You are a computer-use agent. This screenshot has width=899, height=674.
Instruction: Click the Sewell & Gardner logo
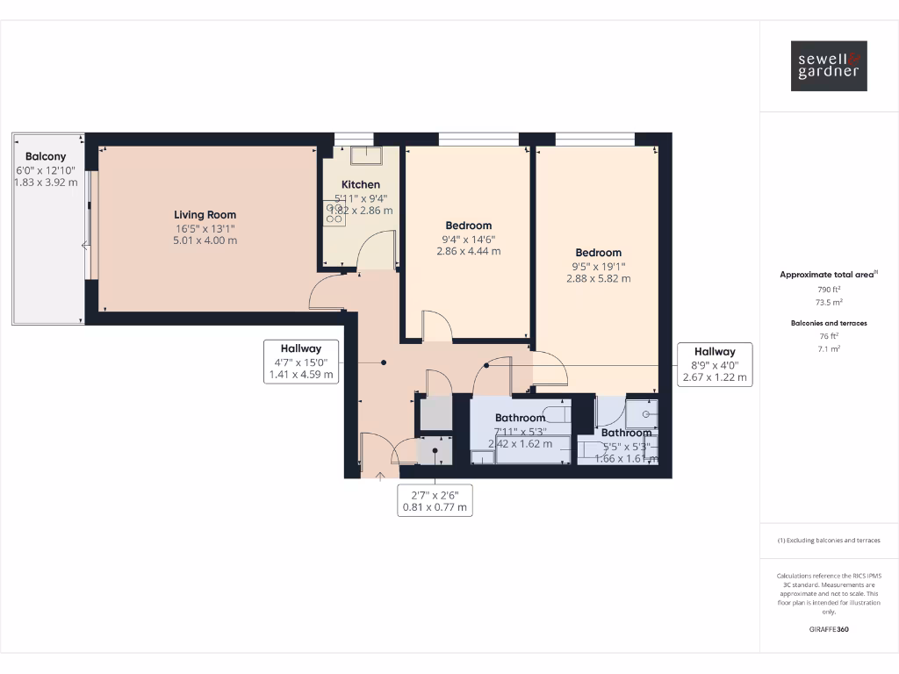(829, 66)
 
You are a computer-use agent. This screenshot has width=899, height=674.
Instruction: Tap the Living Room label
(205, 215)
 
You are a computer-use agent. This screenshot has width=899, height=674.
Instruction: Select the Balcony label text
(46, 157)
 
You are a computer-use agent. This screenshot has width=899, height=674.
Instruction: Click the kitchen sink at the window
(365, 156)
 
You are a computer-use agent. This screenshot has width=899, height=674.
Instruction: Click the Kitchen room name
(361, 184)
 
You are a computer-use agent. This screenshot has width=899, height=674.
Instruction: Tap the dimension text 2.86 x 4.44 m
(468, 251)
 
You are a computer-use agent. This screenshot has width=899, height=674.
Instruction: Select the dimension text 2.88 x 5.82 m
(599, 279)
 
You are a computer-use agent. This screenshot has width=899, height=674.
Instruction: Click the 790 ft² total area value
(829, 289)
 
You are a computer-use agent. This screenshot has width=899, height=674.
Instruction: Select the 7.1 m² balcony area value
(829, 348)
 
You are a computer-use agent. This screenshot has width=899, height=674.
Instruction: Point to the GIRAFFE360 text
(829, 629)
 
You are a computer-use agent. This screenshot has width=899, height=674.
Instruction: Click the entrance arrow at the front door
(380, 477)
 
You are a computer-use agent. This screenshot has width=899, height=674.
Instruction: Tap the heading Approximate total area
(827, 275)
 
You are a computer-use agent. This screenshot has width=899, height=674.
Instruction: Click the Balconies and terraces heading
(829, 323)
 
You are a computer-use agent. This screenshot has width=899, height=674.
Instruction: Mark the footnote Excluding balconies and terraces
(829, 541)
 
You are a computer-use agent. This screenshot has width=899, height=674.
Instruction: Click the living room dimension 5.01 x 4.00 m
(205, 240)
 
